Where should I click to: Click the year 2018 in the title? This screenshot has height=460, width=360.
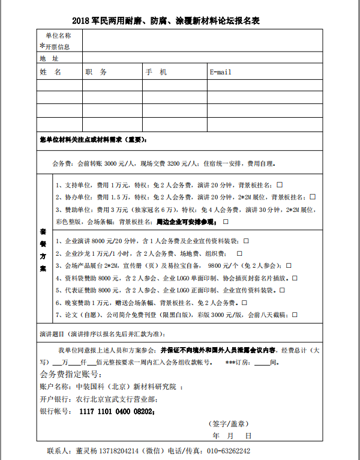point(80,21)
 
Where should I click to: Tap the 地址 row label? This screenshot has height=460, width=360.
point(49,59)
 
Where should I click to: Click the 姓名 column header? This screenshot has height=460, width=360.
point(50,72)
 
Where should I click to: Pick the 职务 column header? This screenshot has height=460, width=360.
point(96,72)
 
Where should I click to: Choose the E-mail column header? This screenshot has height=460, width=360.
point(220,72)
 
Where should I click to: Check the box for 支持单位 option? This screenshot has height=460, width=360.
point(280,184)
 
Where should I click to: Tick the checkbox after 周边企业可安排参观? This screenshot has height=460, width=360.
point(225,222)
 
